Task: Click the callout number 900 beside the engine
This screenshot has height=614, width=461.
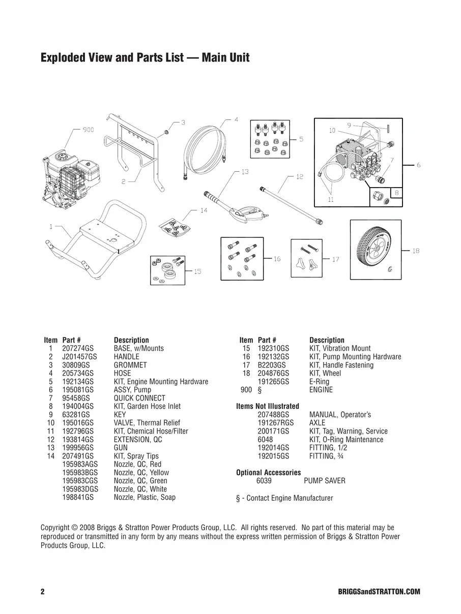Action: coord(88,130)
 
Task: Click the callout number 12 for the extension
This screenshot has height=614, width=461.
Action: coord(300,177)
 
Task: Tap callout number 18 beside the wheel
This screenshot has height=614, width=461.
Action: coord(416,251)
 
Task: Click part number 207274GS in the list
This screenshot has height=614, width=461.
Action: coord(78,349)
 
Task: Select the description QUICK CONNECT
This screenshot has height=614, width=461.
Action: coord(139,398)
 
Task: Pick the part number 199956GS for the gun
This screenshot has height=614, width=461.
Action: coord(78,448)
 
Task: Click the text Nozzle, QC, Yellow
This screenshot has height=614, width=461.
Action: coord(141,473)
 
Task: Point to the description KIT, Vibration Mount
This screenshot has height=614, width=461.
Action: coord(340,349)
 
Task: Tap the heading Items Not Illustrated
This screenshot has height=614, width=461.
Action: coord(268,406)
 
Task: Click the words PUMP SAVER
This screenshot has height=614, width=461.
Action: coord(324,481)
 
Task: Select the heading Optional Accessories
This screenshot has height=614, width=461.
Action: coord(268,473)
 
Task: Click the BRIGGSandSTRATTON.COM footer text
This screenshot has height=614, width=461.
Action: coord(379,592)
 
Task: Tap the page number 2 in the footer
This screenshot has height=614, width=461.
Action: coord(43,592)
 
